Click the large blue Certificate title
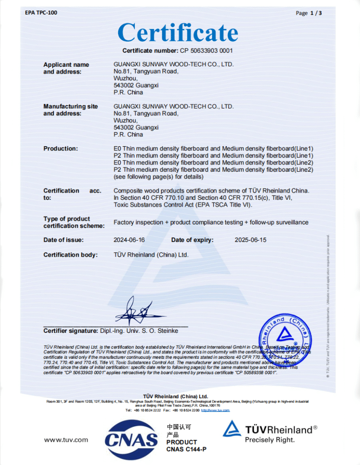tap(178, 33)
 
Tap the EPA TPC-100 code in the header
tap(41, 12)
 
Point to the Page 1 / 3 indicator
tap(309, 13)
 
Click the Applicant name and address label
tap(66, 68)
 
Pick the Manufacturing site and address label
tap(70, 110)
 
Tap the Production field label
tap(60, 148)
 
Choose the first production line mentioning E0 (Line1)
tap(213, 148)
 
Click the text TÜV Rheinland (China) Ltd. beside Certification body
tap(151, 255)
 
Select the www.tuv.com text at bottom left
tap(66, 440)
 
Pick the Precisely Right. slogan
tap(270, 440)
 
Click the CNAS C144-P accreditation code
tap(186, 449)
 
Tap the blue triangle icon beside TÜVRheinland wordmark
tap(232, 429)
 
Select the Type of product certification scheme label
tap(74, 222)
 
